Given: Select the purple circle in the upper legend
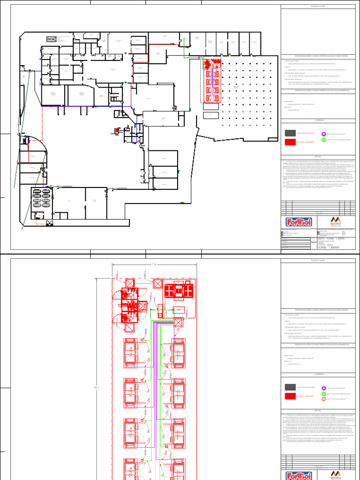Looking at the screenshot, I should tap(323, 134).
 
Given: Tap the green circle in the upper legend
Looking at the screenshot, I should tap(323, 140).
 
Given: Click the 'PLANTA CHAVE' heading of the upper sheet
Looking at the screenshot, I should tap(318, 7).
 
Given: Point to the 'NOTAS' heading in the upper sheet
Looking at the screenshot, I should tap(318, 157).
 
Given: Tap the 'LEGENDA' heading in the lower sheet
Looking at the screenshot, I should tap(318, 375).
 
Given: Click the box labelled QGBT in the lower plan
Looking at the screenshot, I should tap(178, 309).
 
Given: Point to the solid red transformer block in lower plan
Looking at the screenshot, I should tap(178, 291).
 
